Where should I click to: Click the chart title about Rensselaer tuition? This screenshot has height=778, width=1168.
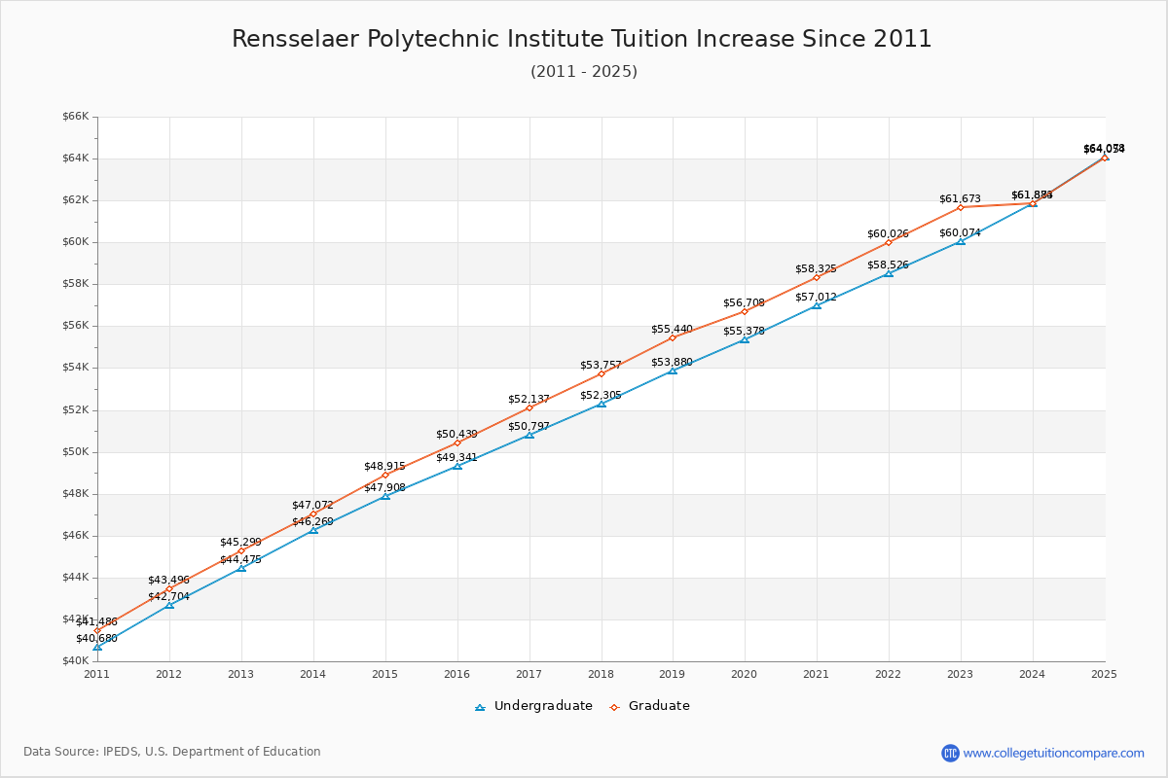tap(582, 39)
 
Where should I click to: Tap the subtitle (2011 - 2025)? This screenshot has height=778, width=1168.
tap(583, 72)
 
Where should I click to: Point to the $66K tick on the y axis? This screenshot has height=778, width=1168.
tap(75, 117)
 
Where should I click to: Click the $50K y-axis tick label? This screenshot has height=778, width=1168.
tap(75, 451)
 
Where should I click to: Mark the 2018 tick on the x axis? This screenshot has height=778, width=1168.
tap(601, 673)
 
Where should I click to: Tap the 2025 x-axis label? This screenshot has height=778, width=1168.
tap(1104, 673)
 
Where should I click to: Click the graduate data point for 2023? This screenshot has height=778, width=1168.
tap(960, 207)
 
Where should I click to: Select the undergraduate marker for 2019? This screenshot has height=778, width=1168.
tap(673, 371)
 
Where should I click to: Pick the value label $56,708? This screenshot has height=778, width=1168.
tap(744, 303)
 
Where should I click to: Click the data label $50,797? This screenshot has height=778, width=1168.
tap(529, 426)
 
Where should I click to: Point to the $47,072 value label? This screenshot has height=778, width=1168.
tap(312, 506)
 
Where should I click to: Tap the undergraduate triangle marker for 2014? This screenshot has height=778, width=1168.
tap(313, 530)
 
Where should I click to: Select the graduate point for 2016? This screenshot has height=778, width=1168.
tap(457, 442)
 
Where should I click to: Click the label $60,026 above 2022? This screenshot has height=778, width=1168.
tap(888, 234)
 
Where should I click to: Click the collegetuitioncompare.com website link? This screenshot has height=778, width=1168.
tap(1053, 753)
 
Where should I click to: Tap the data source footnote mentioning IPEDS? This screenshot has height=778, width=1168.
tap(172, 752)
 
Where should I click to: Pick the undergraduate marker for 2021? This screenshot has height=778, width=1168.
tap(817, 305)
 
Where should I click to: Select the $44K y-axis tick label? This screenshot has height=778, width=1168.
tap(75, 577)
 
